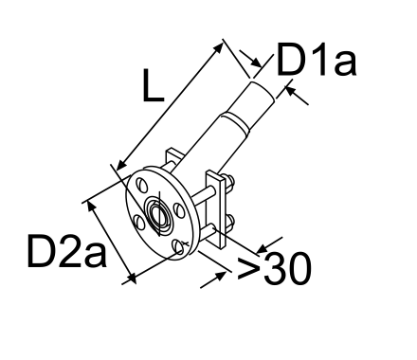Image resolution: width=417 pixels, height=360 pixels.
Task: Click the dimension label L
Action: [x=154, y=85]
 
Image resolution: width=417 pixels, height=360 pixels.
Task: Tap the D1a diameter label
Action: [x=317, y=59]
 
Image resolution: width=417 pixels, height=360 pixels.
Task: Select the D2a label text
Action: [x=66, y=251]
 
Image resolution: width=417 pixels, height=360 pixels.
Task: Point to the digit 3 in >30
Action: [x=275, y=268]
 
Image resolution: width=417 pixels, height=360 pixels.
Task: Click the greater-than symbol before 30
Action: [x=248, y=268]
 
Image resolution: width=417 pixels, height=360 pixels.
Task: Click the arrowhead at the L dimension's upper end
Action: [x=217, y=48]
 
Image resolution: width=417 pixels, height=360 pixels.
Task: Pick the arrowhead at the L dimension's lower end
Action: [x=122, y=165]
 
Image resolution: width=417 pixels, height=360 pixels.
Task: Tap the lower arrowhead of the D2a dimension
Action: [x=131, y=278]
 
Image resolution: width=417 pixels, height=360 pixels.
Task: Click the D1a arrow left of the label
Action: [x=250, y=59]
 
